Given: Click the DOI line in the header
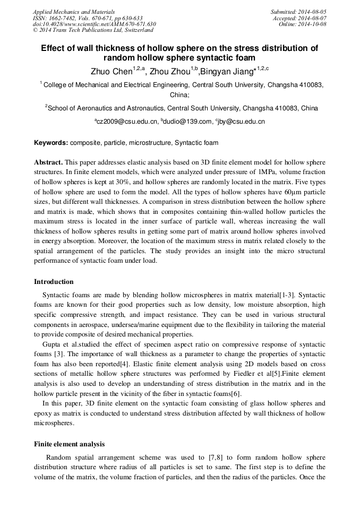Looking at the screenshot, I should pyautogui.click(x=94, y=24).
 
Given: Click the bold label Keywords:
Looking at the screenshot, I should pyautogui.click(x=51, y=143).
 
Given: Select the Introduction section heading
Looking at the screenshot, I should pyautogui.click(x=54, y=282).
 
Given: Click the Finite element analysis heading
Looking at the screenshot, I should pyautogui.click(x=69, y=444).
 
